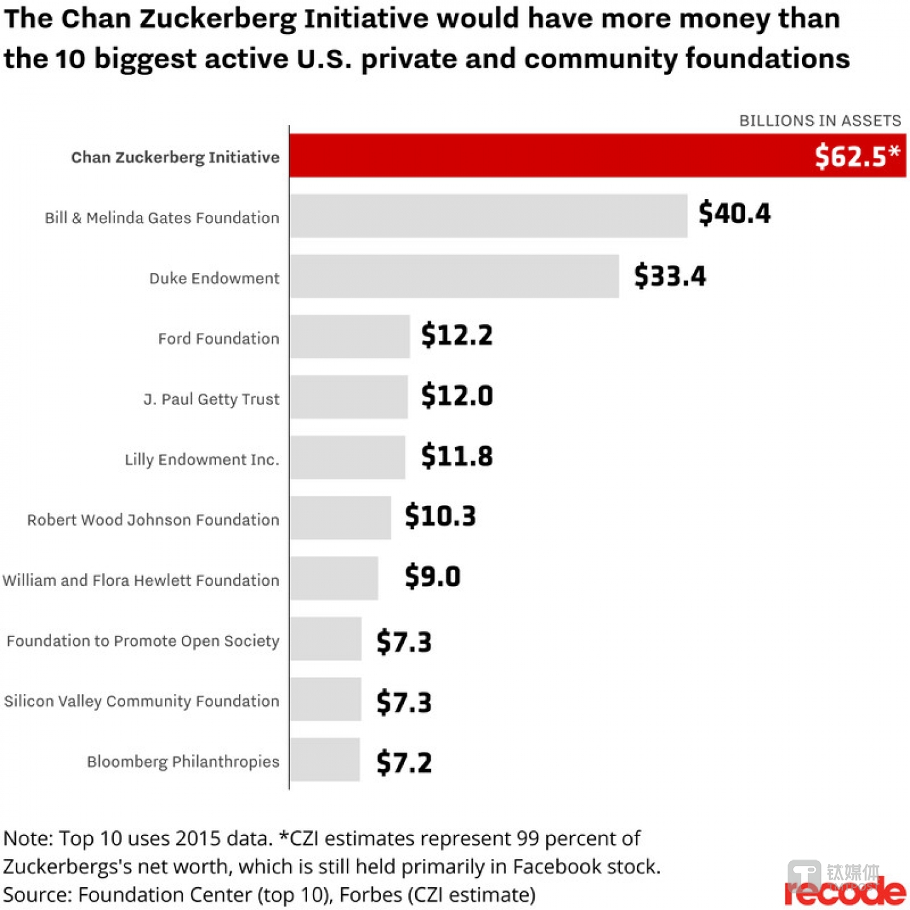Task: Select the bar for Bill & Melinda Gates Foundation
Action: (x=488, y=216)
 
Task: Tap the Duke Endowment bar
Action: (x=454, y=276)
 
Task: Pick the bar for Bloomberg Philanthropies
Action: (x=325, y=760)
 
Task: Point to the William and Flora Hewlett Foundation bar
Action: (x=334, y=578)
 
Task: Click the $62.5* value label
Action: (x=856, y=156)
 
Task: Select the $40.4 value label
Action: (x=734, y=214)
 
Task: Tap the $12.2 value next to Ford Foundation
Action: (x=456, y=335)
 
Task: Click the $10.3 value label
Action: (x=440, y=516)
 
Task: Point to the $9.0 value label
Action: (x=432, y=576)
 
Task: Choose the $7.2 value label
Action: (x=404, y=763)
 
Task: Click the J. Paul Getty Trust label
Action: (x=211, y=399)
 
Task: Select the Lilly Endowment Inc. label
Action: (x=202, y=459)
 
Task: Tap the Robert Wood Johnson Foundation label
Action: (x=153, y=520)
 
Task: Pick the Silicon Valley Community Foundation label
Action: (x=142, y=701)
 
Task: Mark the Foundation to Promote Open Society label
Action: (x=143, y=641)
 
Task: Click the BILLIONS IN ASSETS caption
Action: (x=820, y=121)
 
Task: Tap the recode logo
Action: (x=845, y=892)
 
